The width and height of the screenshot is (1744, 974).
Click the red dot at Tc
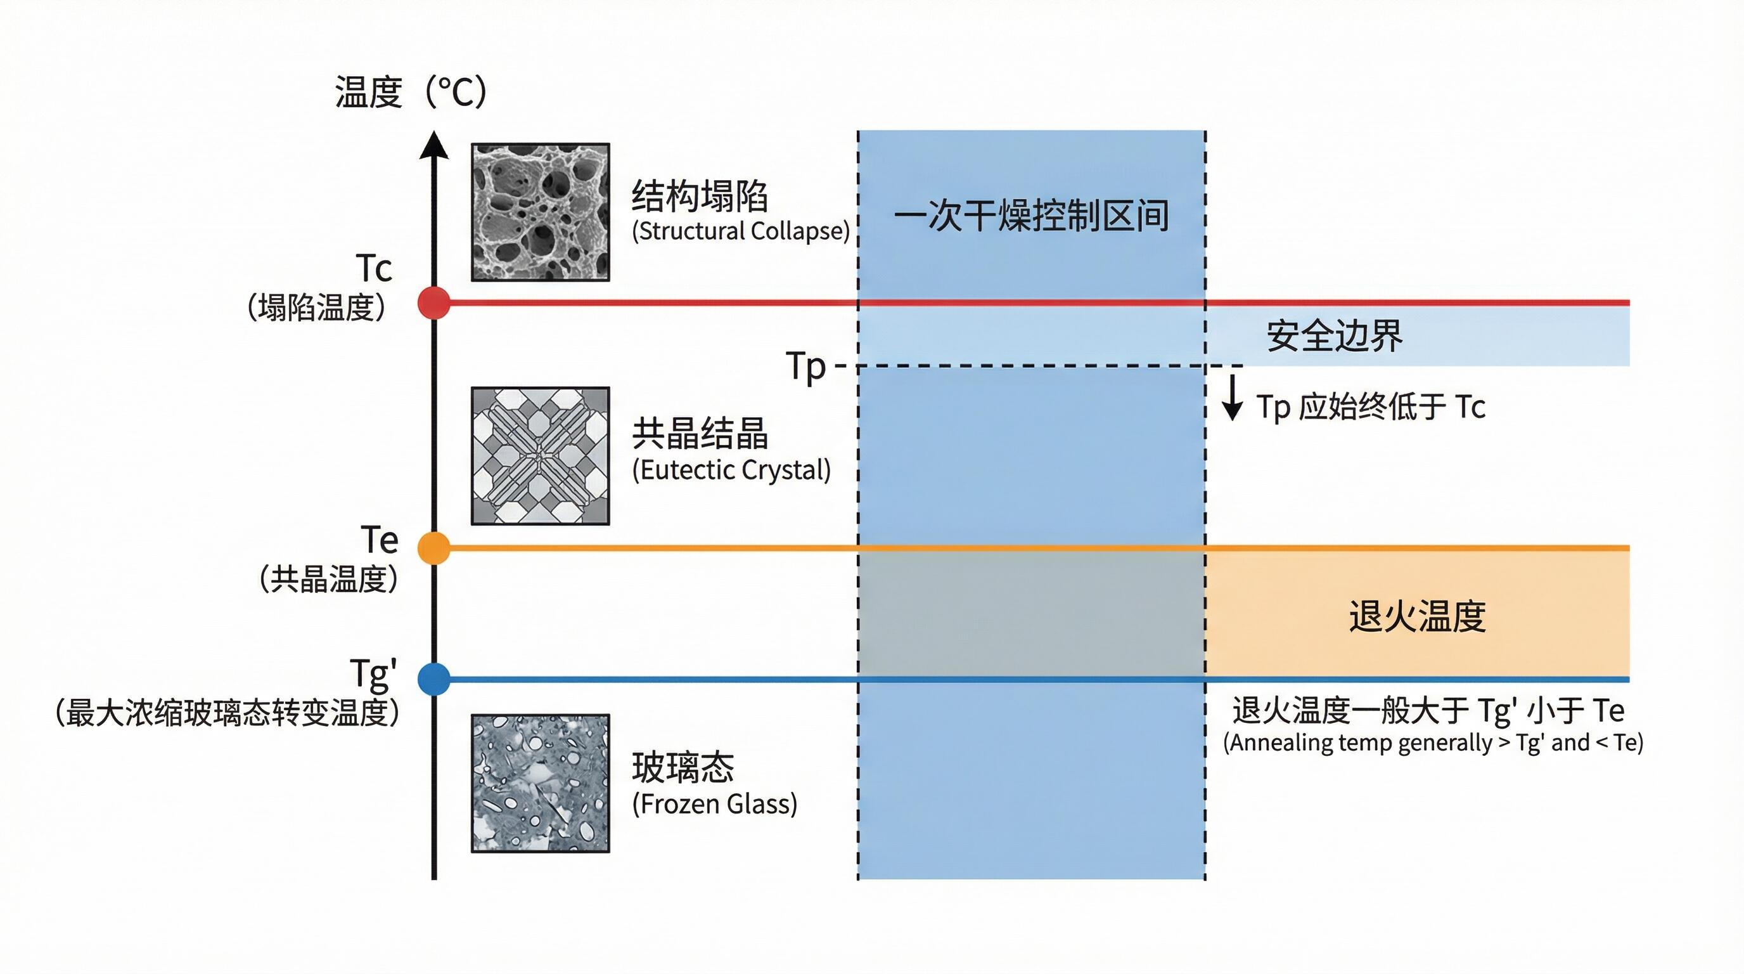[434, 302]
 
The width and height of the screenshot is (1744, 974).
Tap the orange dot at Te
[434, 548]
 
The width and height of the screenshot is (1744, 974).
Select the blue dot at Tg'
[434, 679]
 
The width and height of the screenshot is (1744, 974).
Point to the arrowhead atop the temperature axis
[434, 146]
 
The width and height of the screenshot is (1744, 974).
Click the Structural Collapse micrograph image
[541, 212]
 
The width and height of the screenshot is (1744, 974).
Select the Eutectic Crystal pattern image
[541, 456]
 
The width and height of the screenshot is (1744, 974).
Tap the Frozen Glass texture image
[541, 784]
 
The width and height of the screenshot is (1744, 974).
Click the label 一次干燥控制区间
[1031, 216]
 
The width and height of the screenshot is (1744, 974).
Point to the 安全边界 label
[1335, 336]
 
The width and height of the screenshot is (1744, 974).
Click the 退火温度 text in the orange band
[1417, 616]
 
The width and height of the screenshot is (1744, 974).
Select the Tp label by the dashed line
[805, 367]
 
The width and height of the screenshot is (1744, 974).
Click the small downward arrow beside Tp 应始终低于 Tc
[1232, 398]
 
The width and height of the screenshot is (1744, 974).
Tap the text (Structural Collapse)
[740, 231]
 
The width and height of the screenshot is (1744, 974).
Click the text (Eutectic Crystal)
[731, 470]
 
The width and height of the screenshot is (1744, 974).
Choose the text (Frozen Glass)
[714, 804]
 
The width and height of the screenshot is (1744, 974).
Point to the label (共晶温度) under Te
[328, 580]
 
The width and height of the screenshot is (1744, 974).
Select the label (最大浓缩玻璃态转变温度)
[228, 713]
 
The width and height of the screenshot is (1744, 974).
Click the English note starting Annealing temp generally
[1433, 743]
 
